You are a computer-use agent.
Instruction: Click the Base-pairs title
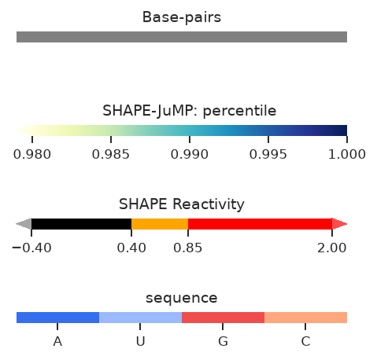coord(182,17)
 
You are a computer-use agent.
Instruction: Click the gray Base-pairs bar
coord(182,37)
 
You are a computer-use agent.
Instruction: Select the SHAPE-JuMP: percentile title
coord(189,111)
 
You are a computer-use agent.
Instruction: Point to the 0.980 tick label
coord(32,154)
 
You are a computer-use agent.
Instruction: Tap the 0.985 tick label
coord(111,154)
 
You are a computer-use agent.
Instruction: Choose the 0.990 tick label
coord(190,154)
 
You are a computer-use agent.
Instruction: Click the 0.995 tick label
coord(268,154)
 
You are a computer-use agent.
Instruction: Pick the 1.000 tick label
coord(347,154)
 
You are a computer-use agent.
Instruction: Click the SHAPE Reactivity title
coord(182,204)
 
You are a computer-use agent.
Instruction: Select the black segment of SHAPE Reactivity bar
coord(81,224)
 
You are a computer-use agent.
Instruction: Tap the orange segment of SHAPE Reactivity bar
coord(160,224)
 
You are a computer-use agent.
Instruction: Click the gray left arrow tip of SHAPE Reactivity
coord(17,224)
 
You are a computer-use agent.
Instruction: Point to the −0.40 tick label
coord(31,248)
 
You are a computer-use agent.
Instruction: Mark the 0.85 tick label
coord(188,248)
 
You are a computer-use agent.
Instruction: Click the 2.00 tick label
coord(332,248)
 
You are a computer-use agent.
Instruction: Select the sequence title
coord(182,298)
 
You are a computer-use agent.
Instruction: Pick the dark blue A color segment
coord(57,318)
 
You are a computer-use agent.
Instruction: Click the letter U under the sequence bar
coord(140,341)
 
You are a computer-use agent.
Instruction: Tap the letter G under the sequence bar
coord(223,341)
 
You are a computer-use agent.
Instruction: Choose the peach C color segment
coord(305,318)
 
